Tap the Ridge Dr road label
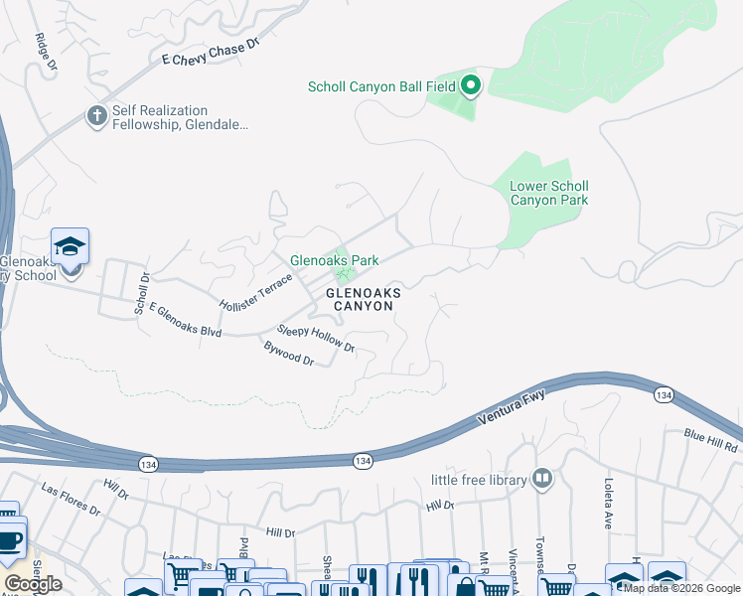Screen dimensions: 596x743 coord(46,53)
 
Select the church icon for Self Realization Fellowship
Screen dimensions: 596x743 coord(96,116)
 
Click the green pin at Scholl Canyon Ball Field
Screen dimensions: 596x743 coord(471,86)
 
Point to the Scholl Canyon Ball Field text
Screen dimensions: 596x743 coord(381,86)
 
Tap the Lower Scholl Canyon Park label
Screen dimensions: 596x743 coord(548,193)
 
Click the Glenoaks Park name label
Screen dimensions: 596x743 coord(334,261)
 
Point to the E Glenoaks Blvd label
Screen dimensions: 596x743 coord(185,321)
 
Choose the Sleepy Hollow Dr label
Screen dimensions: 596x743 coord(316,338)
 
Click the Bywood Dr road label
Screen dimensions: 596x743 coord(289,355)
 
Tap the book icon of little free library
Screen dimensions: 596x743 coord(541,480)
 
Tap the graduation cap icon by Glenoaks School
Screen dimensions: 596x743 coord(71,245)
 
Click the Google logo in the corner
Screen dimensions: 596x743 coord(32,584)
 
